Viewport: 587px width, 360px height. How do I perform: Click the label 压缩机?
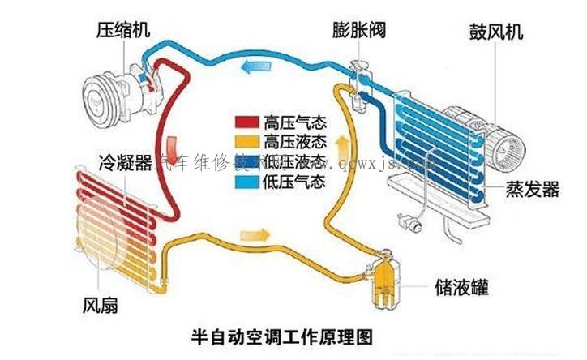click(122, 31)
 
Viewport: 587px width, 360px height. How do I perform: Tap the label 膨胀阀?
click(358, 31)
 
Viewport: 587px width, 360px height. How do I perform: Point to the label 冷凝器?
click(124, 161)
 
